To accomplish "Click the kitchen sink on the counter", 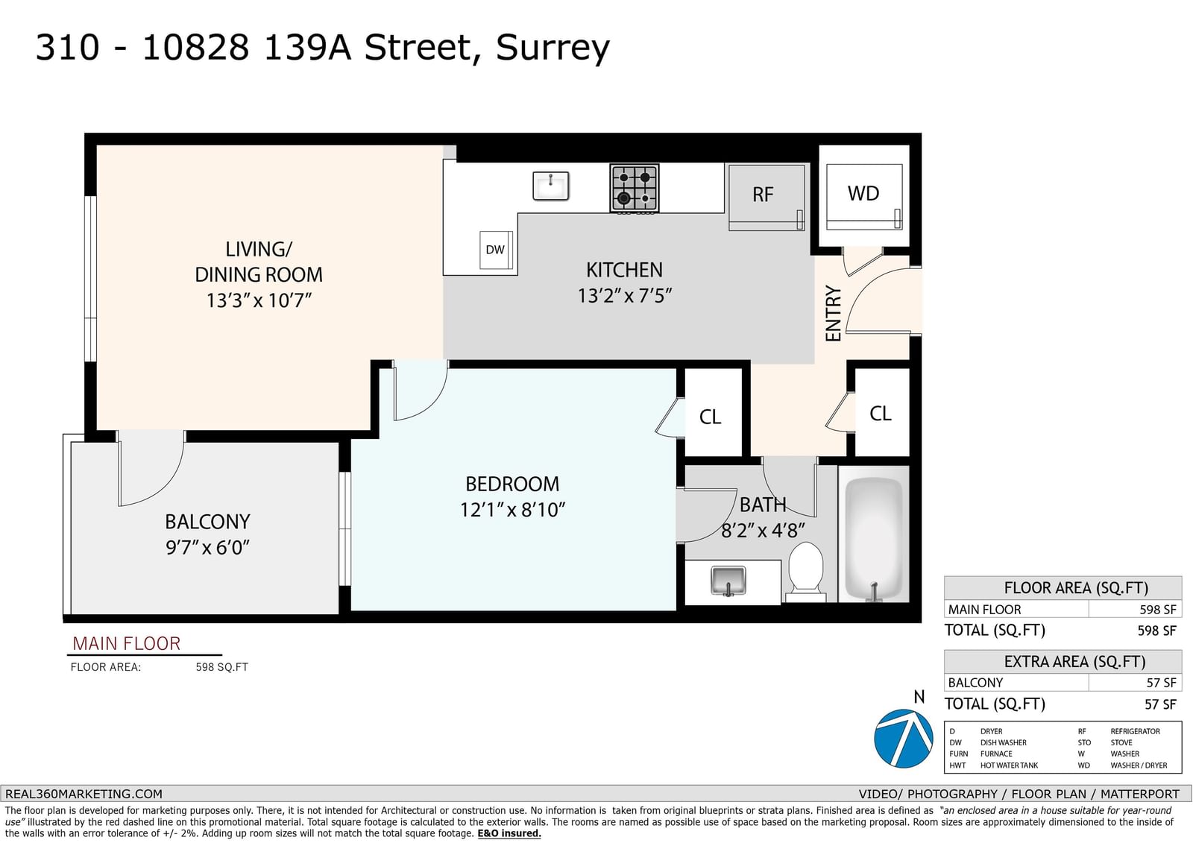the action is click(551, 186).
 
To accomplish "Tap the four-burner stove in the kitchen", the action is click(635, 189).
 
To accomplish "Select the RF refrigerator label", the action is click(763, 195).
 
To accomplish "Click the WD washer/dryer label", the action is click(863, 193).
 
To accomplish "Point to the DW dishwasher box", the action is click(496, 250).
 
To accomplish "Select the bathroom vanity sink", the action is click(728, 581).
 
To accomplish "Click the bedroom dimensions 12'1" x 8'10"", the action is click(512, 510).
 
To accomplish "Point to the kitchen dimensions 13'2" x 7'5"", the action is click(625, 296).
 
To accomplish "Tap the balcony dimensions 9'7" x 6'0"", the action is click(208, 547).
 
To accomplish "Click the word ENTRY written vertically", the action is click(833, 313).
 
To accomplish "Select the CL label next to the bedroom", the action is click(710, 417).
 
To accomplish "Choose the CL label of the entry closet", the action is click(880, 413).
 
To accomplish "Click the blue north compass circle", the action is click(903, 738).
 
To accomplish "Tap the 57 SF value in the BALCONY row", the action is click(1161, 683).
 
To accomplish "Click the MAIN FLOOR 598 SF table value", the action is click(1157, 610).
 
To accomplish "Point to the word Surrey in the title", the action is click(553, 48).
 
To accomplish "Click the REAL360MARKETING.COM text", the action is click(84, 794).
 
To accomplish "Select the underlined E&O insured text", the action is click(509, 833).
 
